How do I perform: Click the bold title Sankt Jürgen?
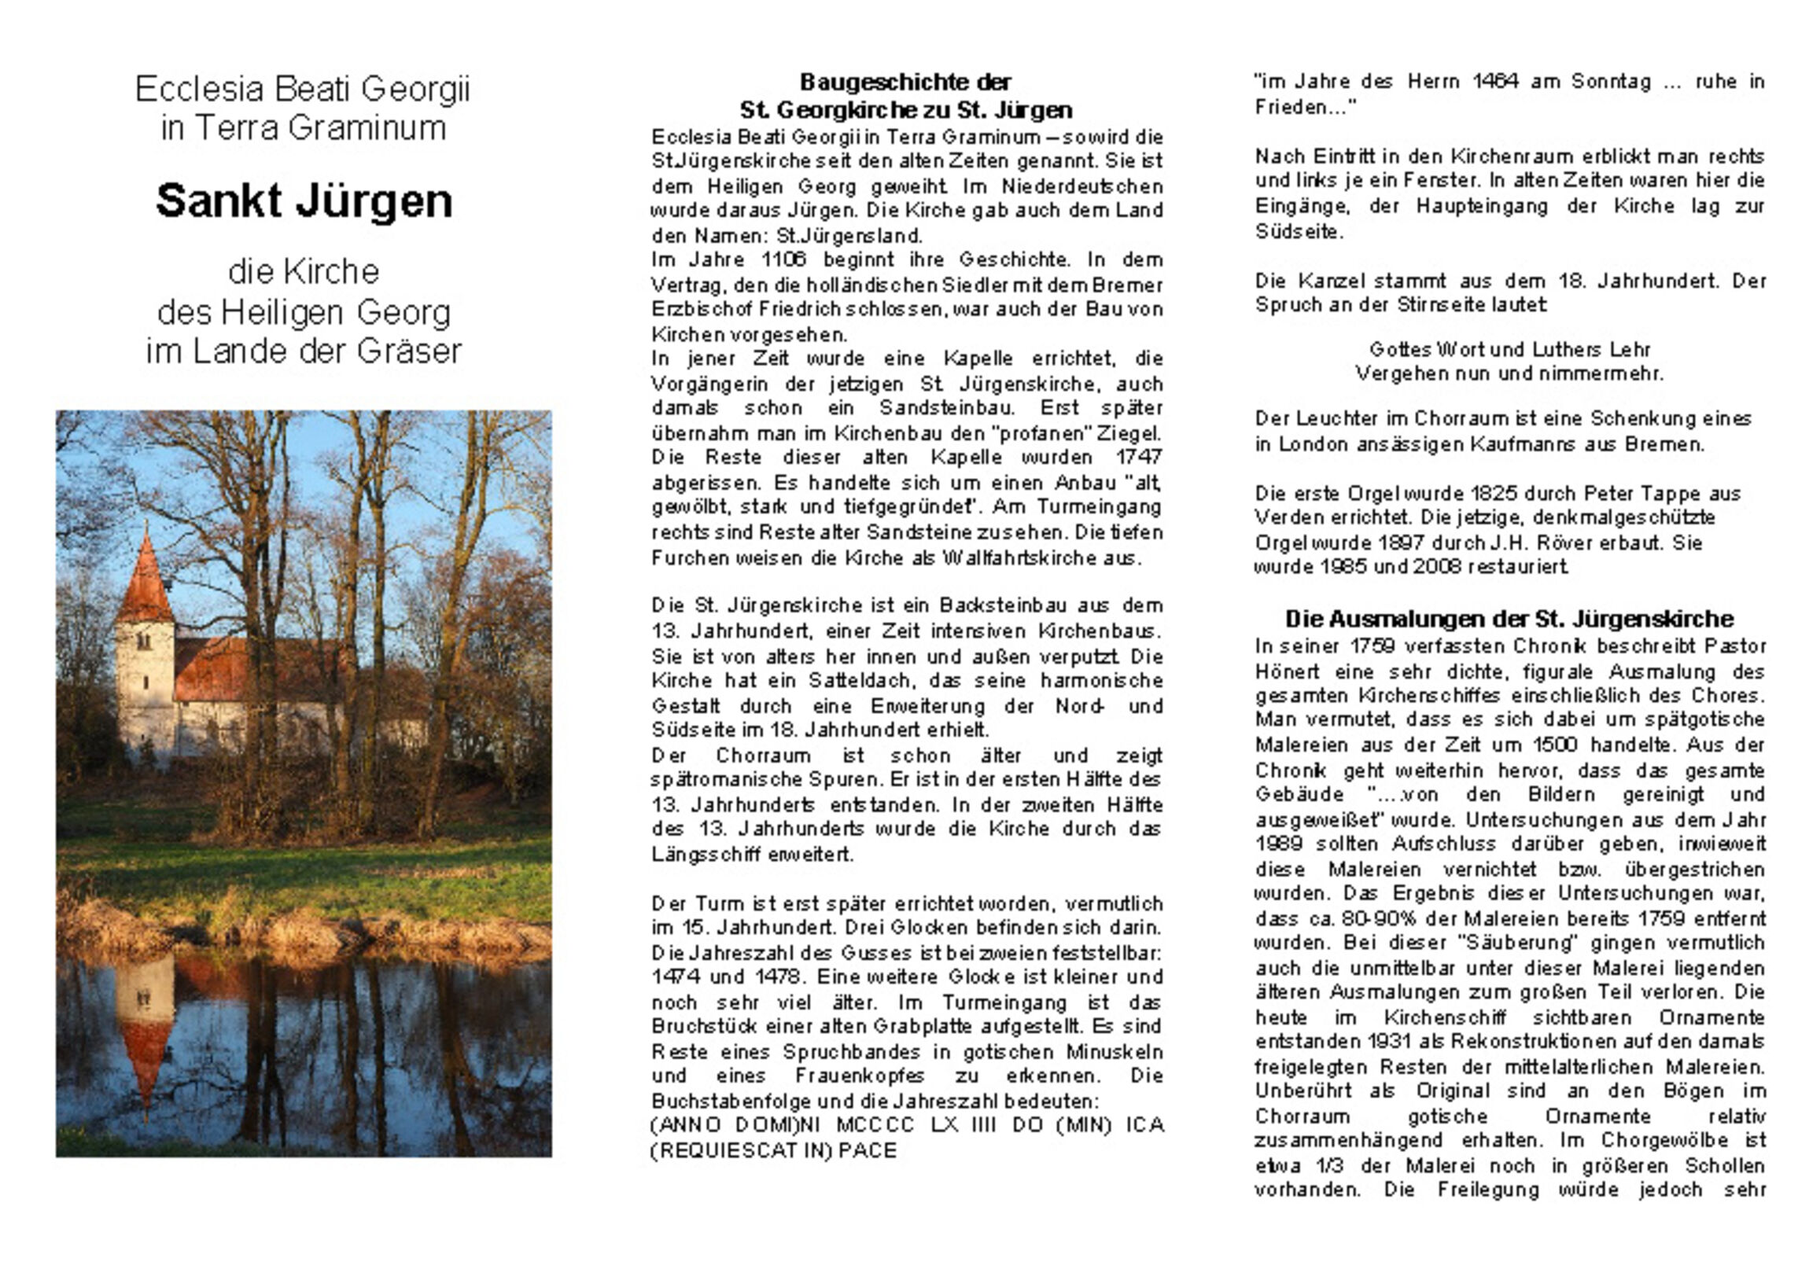coord(304,201)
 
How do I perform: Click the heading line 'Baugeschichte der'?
coord(905,82)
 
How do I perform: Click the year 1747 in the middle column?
coord(1139,457)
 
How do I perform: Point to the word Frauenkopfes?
coord(859,1076)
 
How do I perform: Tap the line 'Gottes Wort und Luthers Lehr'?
coord(1509,349)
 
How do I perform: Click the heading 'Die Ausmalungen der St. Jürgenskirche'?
coord(1509,619)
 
